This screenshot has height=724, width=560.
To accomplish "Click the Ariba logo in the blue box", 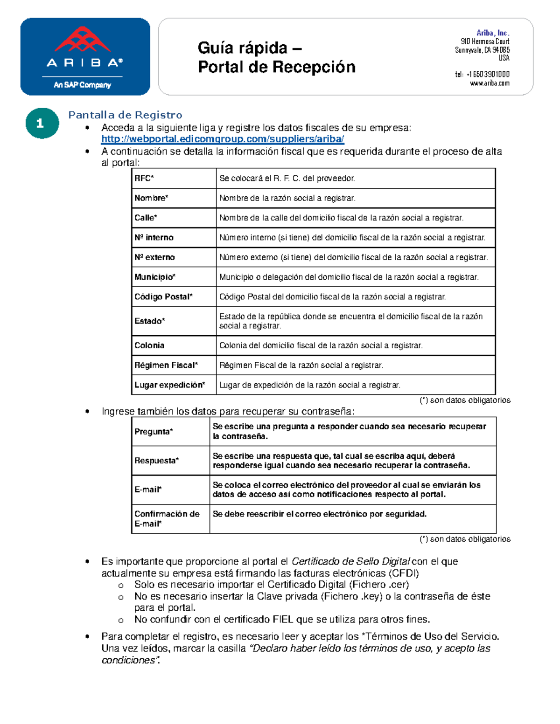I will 85,56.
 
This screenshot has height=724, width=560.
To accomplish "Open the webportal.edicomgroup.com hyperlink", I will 223,139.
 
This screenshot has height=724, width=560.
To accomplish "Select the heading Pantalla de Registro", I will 125,115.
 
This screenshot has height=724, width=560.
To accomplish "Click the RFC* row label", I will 144,178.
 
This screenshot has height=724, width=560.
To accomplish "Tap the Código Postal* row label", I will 163,296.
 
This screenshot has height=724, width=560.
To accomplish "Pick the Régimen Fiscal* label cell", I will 166,365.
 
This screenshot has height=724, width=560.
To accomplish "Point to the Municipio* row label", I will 155,277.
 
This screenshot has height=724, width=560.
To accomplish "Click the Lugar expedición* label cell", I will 169,385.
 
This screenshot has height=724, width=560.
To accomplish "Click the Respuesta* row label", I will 156,461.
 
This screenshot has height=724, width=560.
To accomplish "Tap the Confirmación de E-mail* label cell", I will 167,518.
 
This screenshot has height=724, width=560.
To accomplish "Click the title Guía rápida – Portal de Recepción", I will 276,57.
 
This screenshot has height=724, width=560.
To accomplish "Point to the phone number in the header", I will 482,74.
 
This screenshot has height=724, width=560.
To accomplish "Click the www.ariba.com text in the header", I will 490,83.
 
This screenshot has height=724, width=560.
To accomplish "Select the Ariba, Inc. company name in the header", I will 493,33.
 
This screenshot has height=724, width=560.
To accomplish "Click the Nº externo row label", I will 154,257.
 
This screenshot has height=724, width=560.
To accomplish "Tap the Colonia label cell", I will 149,345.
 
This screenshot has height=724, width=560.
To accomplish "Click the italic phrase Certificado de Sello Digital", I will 350,561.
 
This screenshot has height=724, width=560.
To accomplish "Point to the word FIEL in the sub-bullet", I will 283,619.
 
